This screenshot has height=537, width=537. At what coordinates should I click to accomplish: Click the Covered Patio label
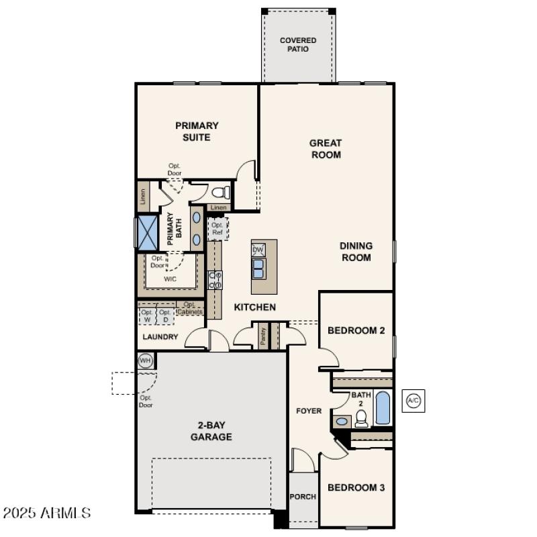coord(298,45)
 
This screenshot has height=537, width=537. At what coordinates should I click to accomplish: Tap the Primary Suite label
coord(197,131)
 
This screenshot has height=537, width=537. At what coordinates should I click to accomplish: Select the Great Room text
coord(326,148)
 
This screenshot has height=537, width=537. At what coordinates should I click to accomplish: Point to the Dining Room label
coord(356,252)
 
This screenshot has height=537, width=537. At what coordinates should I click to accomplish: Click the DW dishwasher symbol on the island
coord(258,250)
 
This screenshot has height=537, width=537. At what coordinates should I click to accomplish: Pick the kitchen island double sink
coord(258,268)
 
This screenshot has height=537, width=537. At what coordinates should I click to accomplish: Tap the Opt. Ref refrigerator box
coord(217,228)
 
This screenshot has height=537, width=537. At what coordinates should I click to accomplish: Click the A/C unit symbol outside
coord(413,401)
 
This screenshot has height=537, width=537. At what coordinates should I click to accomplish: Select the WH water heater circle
coord(145,360)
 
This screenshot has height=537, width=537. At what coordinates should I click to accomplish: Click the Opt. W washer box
coord(147,315)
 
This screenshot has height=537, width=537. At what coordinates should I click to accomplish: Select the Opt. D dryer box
coord(165,315)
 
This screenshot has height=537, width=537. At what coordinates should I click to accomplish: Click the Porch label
coord(303,497)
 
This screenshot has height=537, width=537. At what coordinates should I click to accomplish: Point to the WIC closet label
coord(170,278)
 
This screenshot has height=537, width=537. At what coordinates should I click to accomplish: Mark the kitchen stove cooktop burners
coord(215,279)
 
